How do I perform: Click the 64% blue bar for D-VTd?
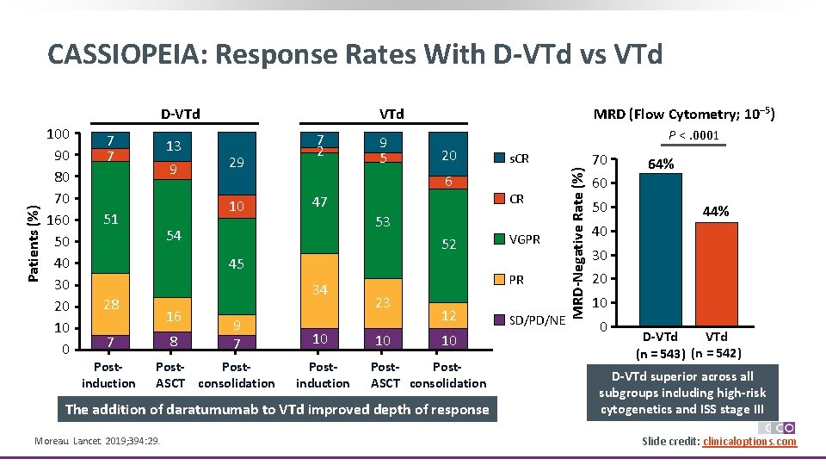point(661,250)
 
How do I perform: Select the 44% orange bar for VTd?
point(716,274)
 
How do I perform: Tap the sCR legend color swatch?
point(499,158)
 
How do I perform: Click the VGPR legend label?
point(525,239)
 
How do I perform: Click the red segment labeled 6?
point(448,182)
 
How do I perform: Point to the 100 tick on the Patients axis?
point(59,134)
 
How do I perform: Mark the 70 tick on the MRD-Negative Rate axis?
point(601,159)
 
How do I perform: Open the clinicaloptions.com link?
point(749,442)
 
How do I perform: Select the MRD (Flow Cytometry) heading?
point(685,114)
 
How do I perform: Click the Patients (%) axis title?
point(33,243)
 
